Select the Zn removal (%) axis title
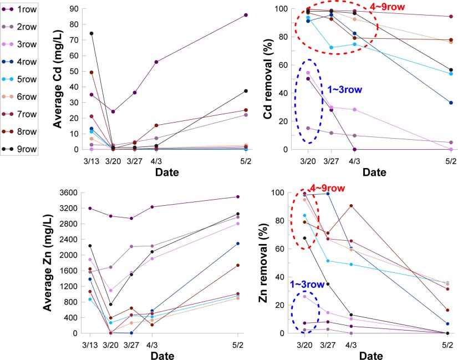(269, 262)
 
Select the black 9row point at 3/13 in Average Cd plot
(91, 33)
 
